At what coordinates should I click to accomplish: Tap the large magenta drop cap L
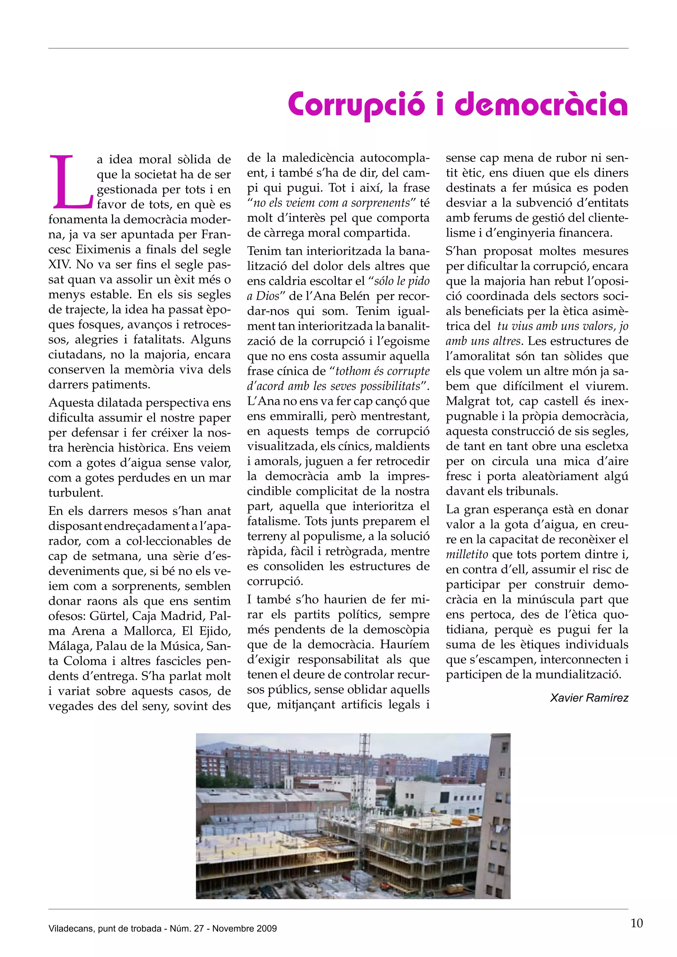tap(70, 182)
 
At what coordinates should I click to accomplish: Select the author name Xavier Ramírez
tap(589, 698)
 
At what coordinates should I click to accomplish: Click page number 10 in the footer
tap(637, 923)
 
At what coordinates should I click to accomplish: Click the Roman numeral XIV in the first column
tap(59, 265)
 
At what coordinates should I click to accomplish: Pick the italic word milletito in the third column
tap(467, 555)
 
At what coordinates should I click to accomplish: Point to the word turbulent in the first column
tap(75, 493)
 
